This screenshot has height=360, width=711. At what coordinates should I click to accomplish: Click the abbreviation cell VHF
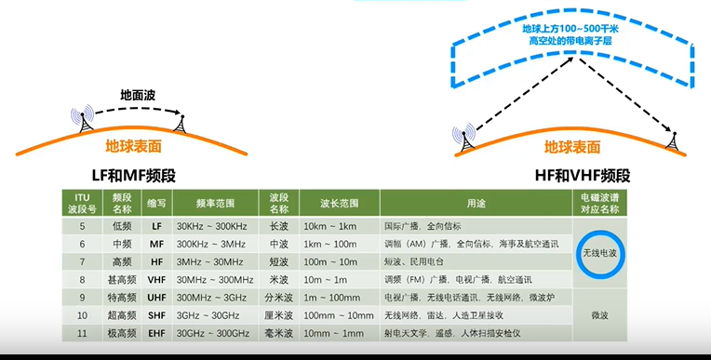pyautogui.click(x=156, y=279)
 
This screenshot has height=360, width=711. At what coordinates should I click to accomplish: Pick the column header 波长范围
pyautogui.click(x=340, y=203)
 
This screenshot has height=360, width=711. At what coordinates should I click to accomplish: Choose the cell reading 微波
pyautogui.click(x=599, y=315)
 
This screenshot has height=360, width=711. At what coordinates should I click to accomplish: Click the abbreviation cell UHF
pyautogui.click(x=156, y=297)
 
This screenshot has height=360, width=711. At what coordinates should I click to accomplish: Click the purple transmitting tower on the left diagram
pyautogui.click(x=85, y=120)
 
